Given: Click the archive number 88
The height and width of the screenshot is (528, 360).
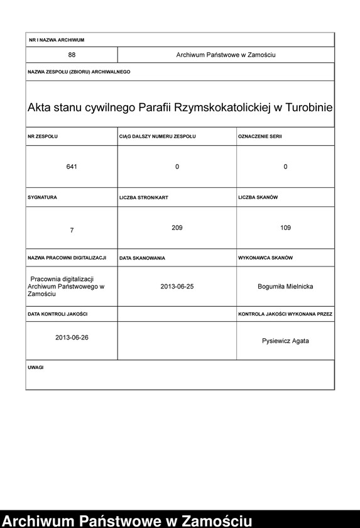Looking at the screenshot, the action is [x=72, y=55].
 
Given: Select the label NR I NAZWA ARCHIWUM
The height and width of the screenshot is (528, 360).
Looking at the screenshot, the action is [x=57, y=40].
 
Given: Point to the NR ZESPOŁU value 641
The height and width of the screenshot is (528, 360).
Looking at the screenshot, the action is [x=72, y=167].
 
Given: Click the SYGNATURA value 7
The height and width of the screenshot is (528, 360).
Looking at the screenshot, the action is [x=72, y=231].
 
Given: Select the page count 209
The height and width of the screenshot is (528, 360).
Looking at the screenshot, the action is [x=177, y=228].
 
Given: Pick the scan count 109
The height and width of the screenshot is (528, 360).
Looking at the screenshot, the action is [x=285, y=228].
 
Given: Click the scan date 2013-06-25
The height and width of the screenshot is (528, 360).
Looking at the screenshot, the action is [x=177, y=286].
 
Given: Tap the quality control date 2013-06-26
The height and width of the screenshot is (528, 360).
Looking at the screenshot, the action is [x=72, y=338].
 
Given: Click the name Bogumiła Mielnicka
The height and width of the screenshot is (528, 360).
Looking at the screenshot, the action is [x=285, y=286].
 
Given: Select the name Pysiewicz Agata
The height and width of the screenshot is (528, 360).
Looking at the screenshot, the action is [x=285, y=341].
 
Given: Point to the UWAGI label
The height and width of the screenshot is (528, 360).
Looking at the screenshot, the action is [x=36, y=367].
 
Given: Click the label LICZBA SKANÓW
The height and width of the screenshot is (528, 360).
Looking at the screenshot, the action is [x=258, y=197].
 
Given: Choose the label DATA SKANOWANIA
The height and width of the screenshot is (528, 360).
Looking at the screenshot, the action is [x=142, y=258].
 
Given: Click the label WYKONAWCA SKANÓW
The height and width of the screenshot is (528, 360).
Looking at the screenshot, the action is [x=265, y=258].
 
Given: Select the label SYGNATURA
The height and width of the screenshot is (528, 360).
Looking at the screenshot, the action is [x=43, y=197].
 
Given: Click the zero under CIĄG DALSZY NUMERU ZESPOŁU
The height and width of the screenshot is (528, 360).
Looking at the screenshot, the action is [x=177, y=167].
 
